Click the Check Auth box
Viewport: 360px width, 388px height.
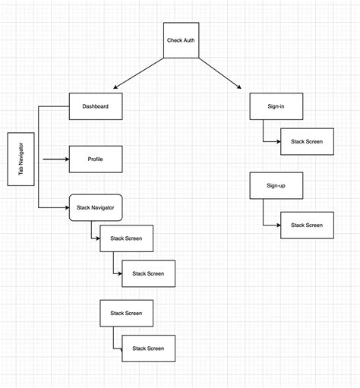click(x=181, y=39)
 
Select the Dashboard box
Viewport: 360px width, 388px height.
click(x=96, y=106)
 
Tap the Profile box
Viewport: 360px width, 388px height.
click(x=96, y=159)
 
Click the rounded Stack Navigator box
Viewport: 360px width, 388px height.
click(x=96, y=207)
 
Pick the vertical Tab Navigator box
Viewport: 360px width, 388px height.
click(x=21, y=159)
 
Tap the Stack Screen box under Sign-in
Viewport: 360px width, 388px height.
click(x=306, y=142)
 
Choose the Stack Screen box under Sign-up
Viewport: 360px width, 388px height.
click(x=306, y=225)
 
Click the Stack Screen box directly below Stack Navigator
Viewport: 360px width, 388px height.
click(x=126, y=238)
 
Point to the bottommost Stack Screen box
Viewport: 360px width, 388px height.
click(x=148, y=348)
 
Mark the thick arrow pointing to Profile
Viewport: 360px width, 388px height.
click(x=55, y=159)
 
